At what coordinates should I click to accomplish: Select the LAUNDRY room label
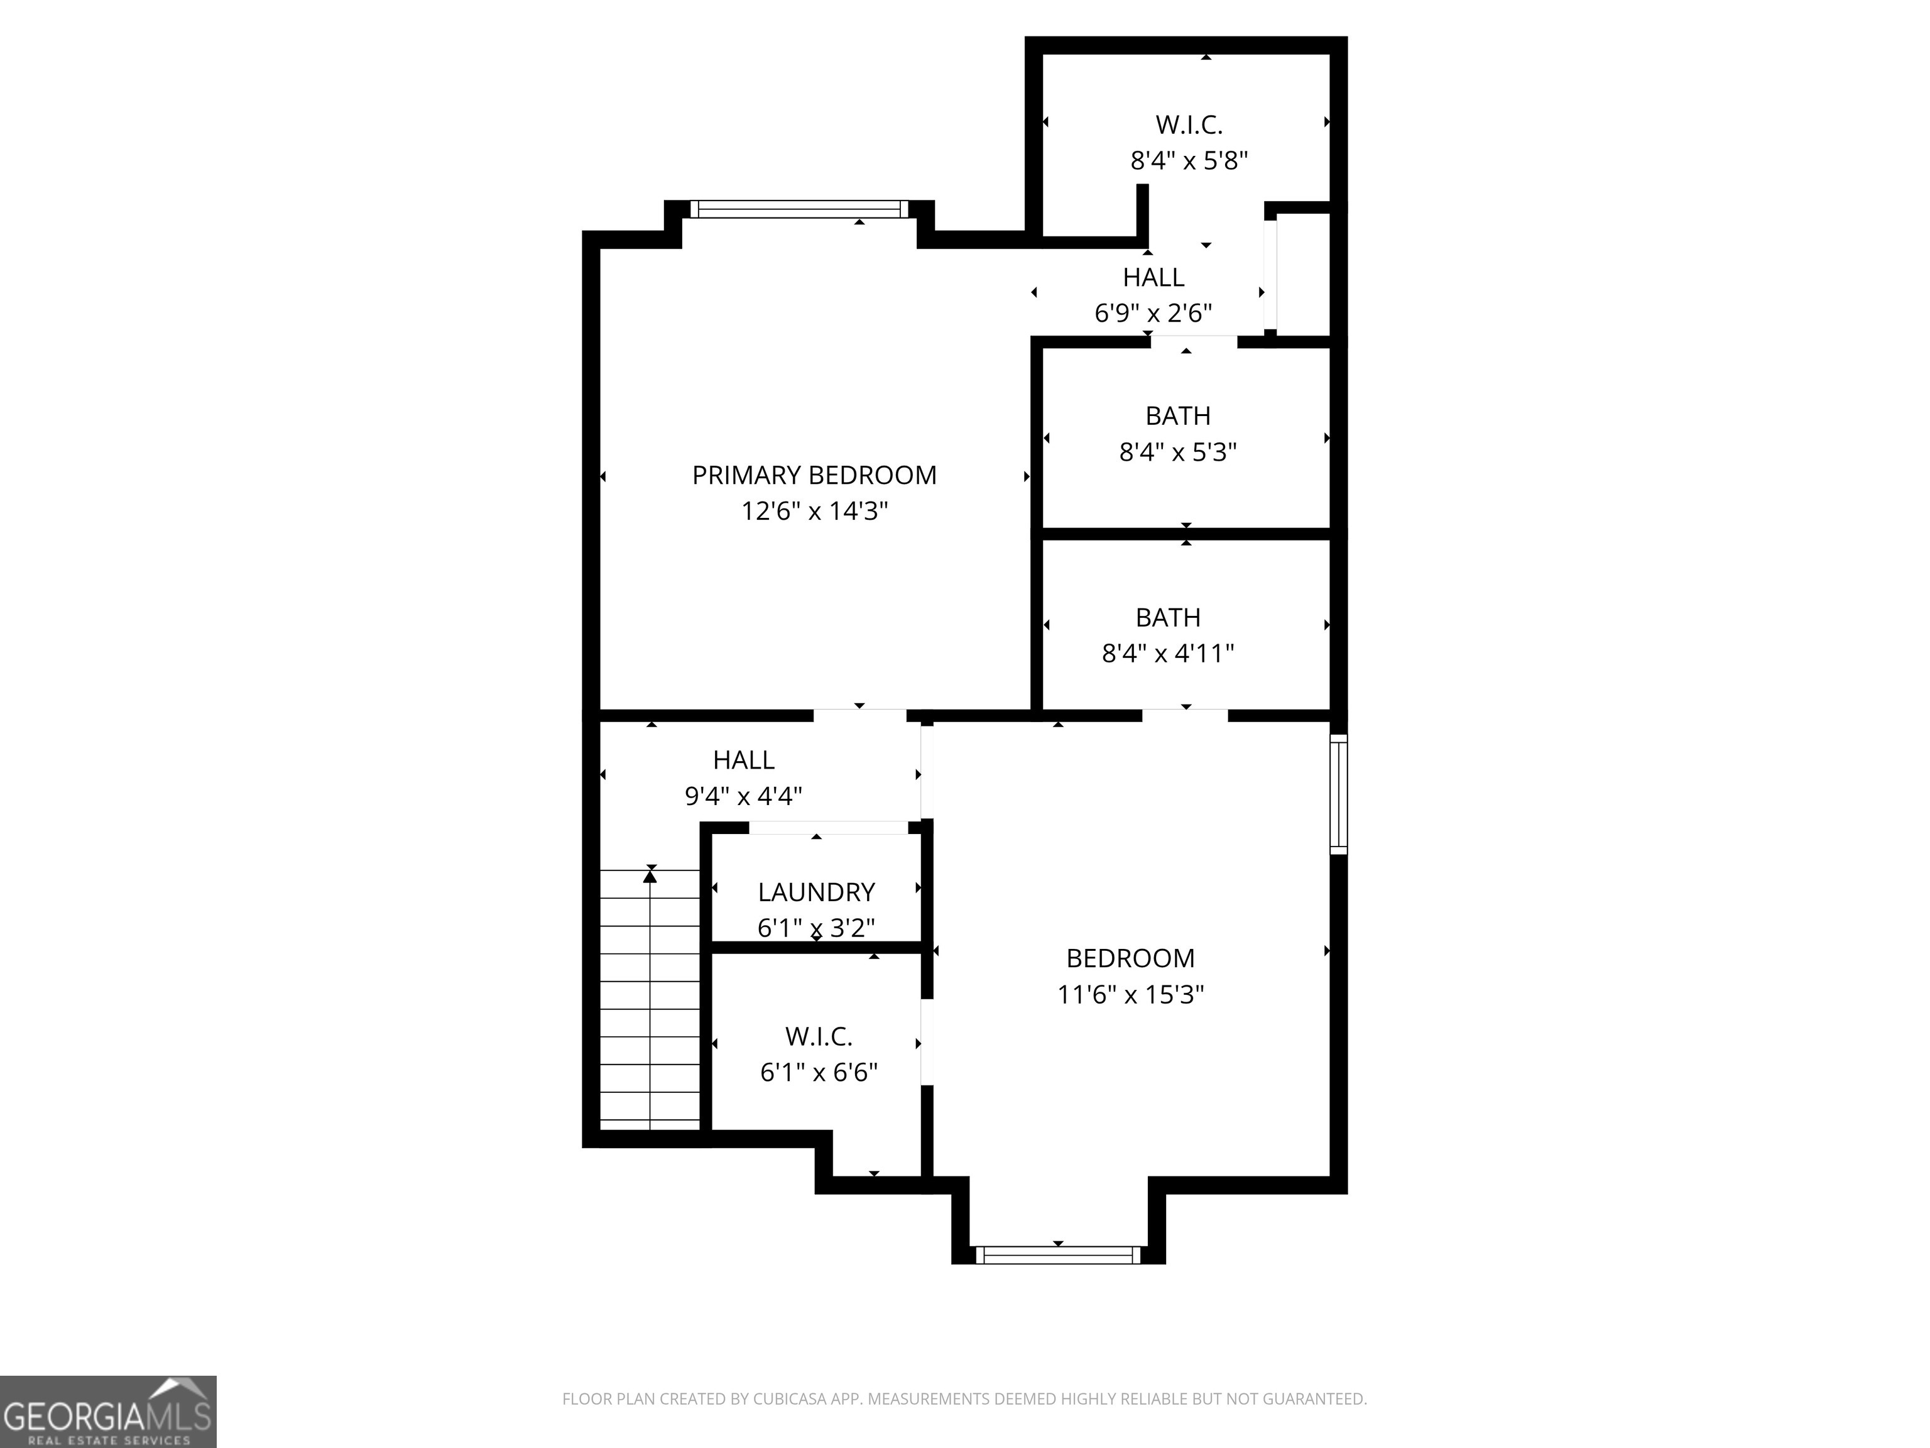[x=816, y=892]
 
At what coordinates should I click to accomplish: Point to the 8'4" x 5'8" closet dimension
[x=1189, y=161]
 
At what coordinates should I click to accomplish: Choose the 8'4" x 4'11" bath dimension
[x=1167, y=653]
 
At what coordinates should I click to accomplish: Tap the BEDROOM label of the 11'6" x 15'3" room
[x=1130, y=958]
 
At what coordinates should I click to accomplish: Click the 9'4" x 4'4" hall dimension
[x=743, y=796]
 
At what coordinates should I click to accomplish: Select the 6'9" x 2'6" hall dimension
[x=1153, y=312]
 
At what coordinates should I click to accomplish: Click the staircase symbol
[x=650, y=999]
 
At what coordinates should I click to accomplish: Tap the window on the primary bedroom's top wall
[x=799, y=209]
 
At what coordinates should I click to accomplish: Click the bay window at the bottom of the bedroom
[x=1057, y=1255]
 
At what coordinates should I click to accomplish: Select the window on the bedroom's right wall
[x=1338, y=794]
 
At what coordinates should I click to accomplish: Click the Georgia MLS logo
[x=108, y=1412]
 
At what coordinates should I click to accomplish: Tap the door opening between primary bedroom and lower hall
[x=859, y=716]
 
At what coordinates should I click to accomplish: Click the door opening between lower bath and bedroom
[x=1185, y=716]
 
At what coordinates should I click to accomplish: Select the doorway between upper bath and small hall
[x=1192, y=341]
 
